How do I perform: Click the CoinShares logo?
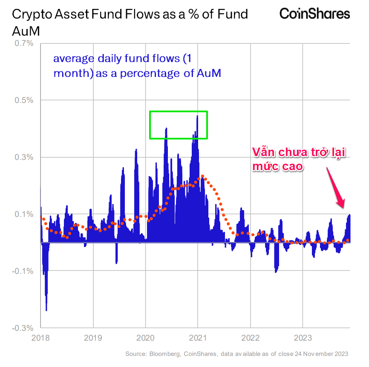click(314, 14)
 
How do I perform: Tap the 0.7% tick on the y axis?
click(24, 43)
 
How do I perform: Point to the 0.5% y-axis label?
click(24, 100)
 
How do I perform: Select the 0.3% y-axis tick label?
click(24, 157)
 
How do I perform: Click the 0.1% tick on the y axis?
click(24, 214)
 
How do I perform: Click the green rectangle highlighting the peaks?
click(179, 112)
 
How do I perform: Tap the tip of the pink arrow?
click(343, 207)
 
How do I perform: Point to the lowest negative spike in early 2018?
click(46, 310)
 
